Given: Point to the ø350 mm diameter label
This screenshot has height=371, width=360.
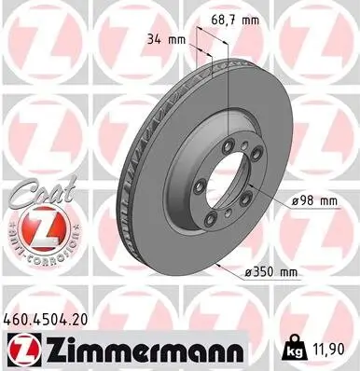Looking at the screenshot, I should [x=268, y=271].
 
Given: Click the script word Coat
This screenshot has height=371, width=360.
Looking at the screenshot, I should [x=34, y=192].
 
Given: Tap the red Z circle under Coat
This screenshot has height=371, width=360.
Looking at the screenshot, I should [x=34, y=227].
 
